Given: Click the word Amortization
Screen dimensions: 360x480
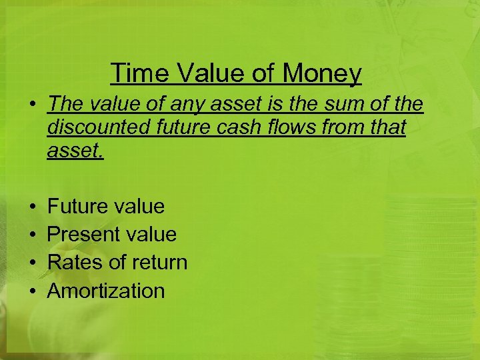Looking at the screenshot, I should point(106,291).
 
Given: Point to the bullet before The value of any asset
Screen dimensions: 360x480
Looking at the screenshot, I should point(32,105).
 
